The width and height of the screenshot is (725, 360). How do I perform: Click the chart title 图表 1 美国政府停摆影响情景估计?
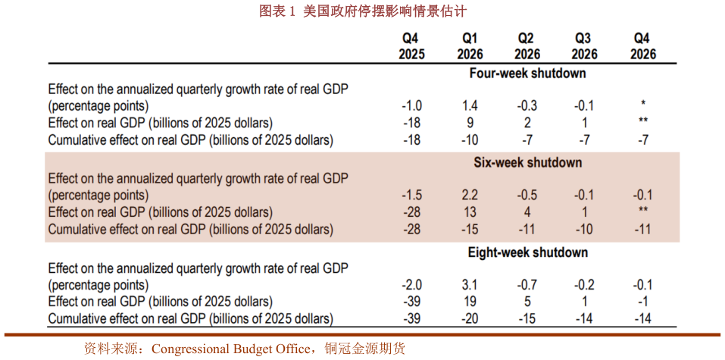363,11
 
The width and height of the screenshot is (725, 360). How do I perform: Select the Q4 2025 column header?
411,46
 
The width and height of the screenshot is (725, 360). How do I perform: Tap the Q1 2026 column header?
470,46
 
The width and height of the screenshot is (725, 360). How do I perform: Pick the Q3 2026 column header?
583,46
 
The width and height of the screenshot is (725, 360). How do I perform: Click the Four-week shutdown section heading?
527,74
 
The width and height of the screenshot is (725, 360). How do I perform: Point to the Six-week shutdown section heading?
527,163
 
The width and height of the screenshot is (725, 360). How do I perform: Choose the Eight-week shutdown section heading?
527,252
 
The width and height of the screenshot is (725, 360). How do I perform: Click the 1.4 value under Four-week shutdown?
470,105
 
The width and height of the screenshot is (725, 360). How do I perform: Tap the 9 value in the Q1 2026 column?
470,123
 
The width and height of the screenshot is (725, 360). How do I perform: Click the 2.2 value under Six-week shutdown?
470,195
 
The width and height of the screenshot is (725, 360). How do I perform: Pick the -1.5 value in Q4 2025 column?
411,195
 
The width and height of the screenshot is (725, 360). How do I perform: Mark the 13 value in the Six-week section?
470,212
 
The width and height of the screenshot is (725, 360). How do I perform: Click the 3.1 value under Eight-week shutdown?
470,285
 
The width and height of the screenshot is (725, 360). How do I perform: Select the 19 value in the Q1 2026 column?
470,302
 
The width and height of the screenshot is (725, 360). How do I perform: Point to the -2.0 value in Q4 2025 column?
411,285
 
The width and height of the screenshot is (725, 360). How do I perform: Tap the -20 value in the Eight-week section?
470,319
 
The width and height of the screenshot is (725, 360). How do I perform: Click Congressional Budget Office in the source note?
230,349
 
